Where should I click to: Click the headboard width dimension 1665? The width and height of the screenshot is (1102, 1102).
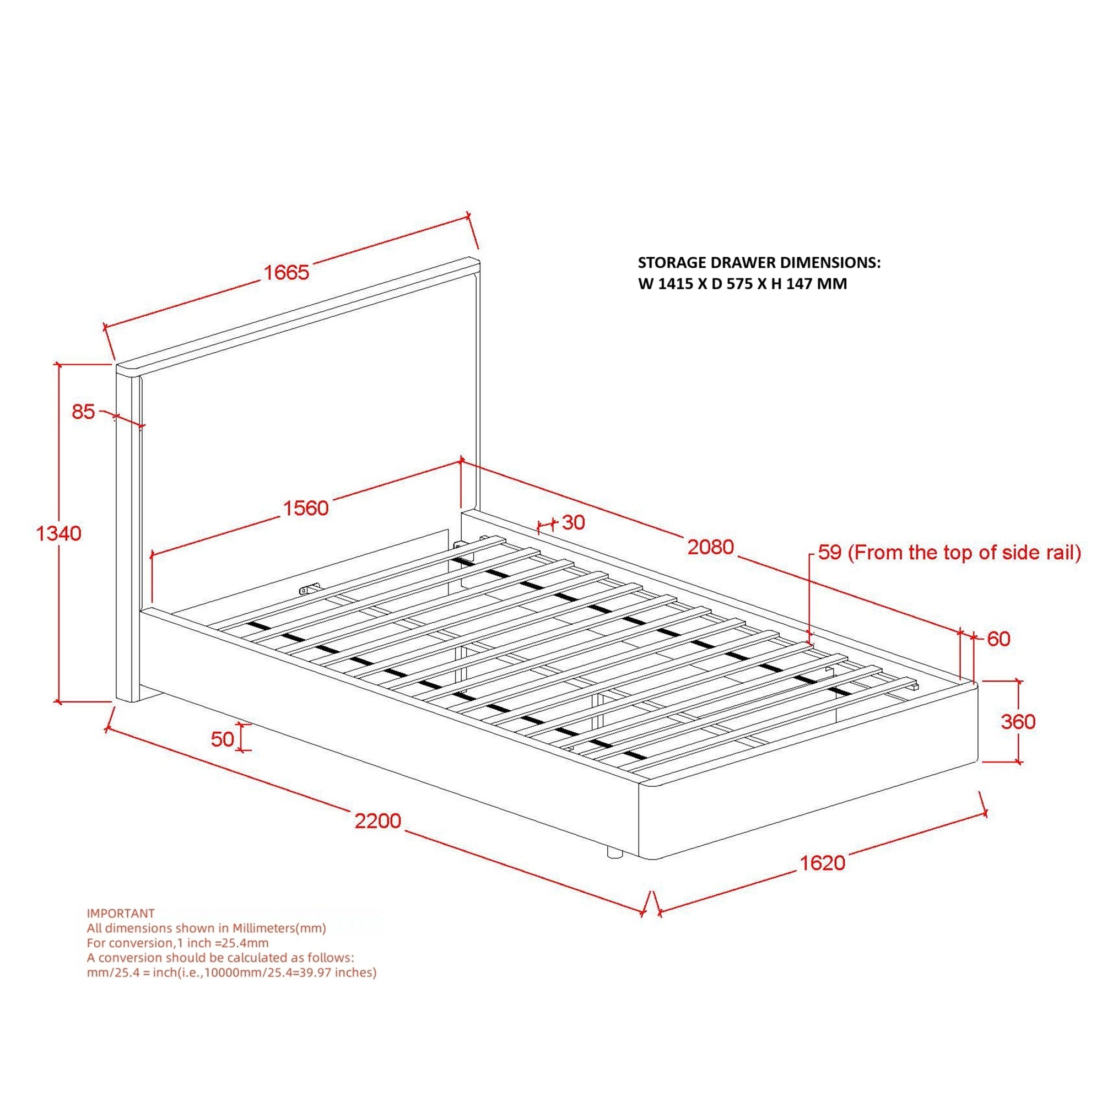[x=287, y=272]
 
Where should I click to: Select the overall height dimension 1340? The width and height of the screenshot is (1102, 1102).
[x=59, y=533]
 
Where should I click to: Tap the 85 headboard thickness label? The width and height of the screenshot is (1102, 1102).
[x=83, y=411]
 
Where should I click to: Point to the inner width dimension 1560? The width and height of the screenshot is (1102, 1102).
[x=306, y=507]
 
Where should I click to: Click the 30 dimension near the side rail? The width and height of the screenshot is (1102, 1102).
[x=573, y=522]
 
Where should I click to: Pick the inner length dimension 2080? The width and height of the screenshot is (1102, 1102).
[x=710, y=547]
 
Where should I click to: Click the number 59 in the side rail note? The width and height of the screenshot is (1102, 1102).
[x=830, y=552]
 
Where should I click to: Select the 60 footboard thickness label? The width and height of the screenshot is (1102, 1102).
[x=998, y=639]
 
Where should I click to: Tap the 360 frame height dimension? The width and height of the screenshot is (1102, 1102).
[x=1018, y=722]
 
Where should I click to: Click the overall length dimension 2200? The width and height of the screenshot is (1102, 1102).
[x=377, y=821]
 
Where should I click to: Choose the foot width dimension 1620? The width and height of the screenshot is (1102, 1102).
[x=822, y=863]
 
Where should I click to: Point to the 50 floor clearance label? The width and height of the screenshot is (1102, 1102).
[x=223, y=739]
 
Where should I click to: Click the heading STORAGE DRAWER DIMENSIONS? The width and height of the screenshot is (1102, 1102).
[x=759, y=262]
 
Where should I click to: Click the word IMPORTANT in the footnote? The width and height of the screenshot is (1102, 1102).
[x=120, y=913]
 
